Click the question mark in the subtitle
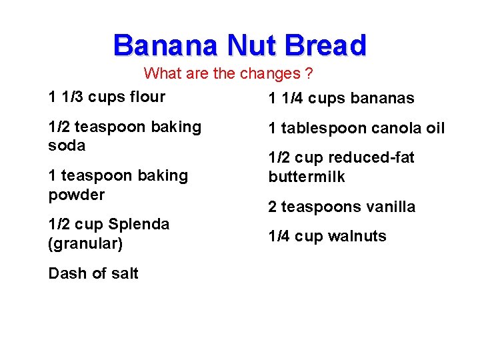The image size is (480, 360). coord(309,73)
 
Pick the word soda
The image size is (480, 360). coord(67,145)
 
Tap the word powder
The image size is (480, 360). coord(77,195)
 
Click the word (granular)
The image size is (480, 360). coord(85,244)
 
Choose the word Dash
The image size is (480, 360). coord(67,273)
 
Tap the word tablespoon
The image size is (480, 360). coord(319,129)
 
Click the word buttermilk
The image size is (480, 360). coord(307,177)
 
